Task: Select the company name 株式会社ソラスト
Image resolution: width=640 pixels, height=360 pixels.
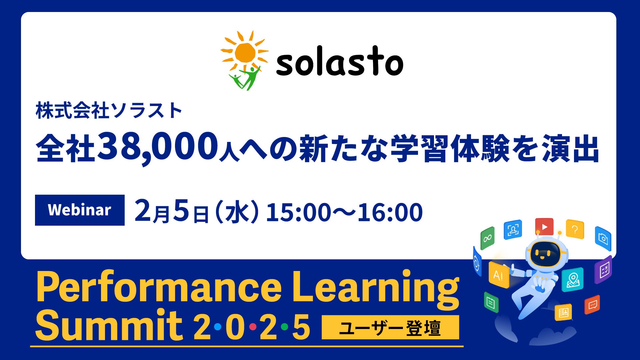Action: coord(109,111)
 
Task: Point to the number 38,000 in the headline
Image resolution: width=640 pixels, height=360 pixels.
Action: coord(158,147)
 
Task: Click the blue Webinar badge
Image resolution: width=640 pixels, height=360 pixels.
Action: coord(80,210)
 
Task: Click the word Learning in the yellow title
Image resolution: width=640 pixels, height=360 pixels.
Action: coord(376,288)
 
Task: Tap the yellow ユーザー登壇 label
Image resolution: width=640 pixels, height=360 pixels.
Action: coord(390,327)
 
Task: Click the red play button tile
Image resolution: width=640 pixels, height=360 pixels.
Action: coord(544,227)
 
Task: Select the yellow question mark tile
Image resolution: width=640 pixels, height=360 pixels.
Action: coord(575,229)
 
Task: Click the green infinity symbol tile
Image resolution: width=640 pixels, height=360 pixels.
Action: coord(487,238)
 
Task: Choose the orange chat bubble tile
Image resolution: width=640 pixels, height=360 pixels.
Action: coord(592,304)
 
